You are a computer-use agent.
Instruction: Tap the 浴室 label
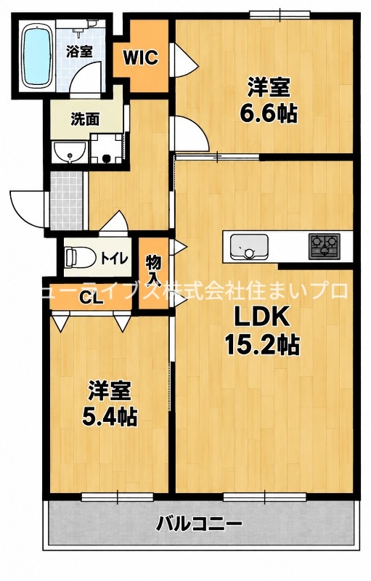point(79,51)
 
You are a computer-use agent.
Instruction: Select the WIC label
point(141,57)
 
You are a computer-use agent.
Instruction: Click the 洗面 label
point(85,119)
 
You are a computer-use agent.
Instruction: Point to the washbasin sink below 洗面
point(70,153)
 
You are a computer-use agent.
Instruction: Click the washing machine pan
point(107,149)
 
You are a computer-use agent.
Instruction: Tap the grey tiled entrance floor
point(66,200)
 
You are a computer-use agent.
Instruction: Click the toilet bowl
point(76,258)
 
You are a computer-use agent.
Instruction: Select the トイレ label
point(115,258)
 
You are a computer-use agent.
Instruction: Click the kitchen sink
point(249,247)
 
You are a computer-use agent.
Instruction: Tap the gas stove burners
point(325,245)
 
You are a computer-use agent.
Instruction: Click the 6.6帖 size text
point(269,113)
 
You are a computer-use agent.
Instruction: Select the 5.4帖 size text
point(110,416)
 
